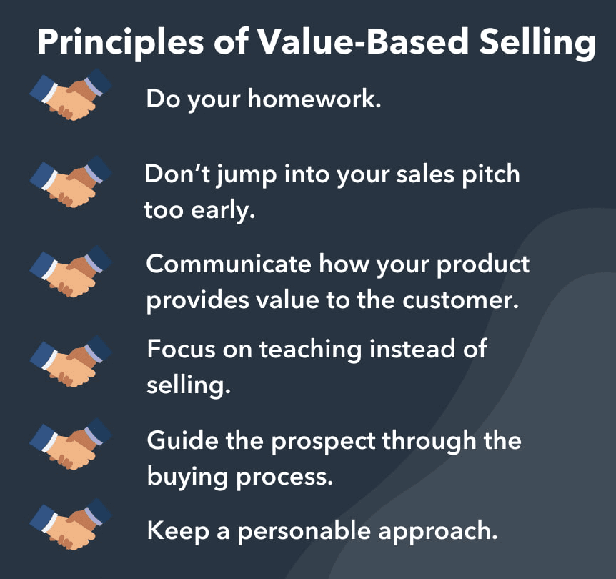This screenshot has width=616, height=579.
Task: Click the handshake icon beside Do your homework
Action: tap(71, 94)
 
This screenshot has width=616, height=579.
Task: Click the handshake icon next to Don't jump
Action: tap(71, 182)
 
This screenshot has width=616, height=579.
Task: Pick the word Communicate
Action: tap(229, 264)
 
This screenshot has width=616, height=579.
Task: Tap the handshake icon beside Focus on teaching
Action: tap(71, 361)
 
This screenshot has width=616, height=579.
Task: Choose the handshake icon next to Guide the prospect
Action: tap(71, 447)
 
